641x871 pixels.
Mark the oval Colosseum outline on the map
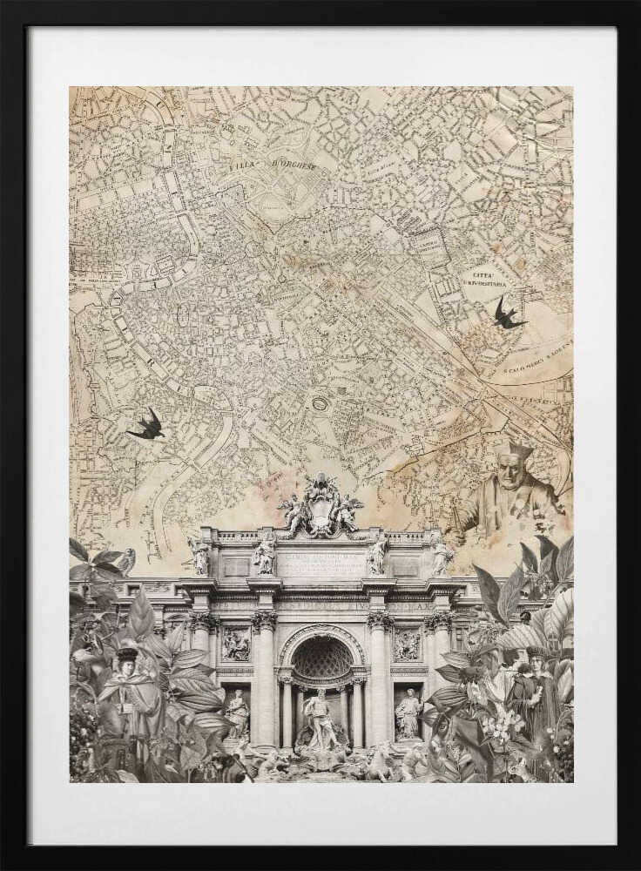(320, 404)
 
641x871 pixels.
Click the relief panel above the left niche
(235, 645)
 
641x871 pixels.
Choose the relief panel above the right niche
(406, 645)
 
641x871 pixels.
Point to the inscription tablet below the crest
(320, 563)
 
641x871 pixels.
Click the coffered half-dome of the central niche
(321, 658)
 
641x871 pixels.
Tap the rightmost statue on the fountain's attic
(441, 556)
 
